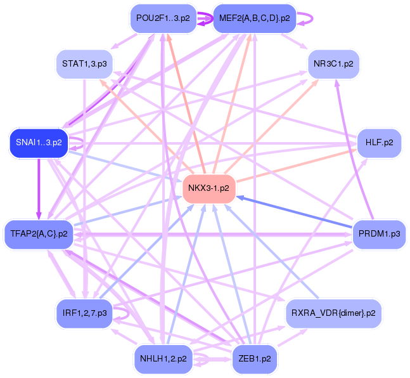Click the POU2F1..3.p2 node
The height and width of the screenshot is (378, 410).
point(162,18)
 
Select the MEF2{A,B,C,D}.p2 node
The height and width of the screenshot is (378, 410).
point(254,18)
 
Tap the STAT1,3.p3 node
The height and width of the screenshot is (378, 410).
point(84,63)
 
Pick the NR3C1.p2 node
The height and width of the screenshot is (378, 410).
point(333,63)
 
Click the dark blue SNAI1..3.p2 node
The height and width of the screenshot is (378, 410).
point(38,143)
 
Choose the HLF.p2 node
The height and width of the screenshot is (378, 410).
point(379,143)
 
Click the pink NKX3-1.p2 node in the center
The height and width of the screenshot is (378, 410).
point(209,188)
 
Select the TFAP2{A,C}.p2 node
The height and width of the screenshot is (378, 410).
point(39,234)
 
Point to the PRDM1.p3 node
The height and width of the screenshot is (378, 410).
point(378,234)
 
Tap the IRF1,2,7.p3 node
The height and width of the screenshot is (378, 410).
point(84,313)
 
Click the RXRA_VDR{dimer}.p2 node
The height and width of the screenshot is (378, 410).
point(333,313)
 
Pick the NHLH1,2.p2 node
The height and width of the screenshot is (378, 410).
point(163,358)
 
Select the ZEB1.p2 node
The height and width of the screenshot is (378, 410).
point(255,358)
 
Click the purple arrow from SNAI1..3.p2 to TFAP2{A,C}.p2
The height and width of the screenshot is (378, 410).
point(39,187)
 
